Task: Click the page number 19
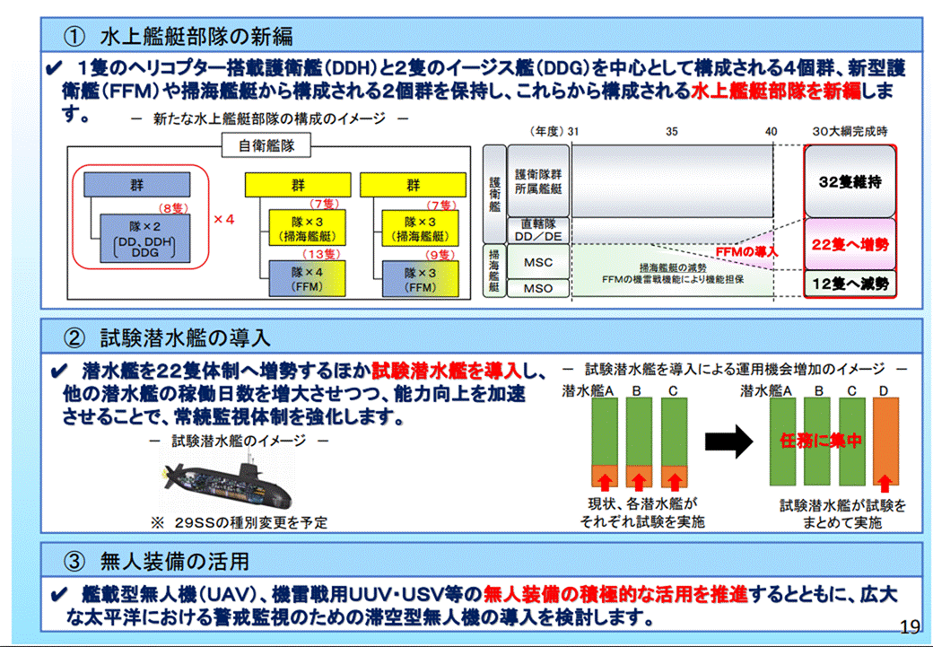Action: (909, 626)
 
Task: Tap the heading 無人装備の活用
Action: (174, 562)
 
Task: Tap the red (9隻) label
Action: (440, 254)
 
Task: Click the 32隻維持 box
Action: (850, 181)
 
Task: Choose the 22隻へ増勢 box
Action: (850, 244)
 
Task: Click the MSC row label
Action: (537, 263)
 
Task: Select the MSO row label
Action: (537, 288)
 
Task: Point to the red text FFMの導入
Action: (746, 252)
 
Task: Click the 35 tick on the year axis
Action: (671, 131)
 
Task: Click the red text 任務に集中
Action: (821, 442)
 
